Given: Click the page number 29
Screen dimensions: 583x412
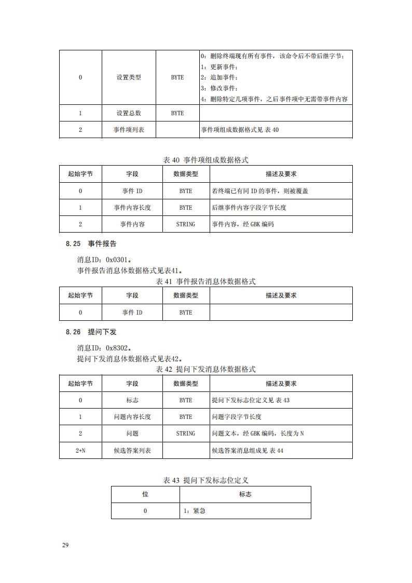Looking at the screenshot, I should [65, 545].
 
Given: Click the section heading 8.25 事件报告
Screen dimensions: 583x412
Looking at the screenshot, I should [91, 243].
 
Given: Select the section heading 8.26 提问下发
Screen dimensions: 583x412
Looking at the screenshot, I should [91, 332].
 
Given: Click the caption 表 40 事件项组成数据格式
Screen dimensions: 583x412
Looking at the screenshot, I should [205, 160].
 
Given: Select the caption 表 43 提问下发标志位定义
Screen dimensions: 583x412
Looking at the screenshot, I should [205, 480].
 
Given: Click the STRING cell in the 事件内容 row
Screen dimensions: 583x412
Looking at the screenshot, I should [186, 224].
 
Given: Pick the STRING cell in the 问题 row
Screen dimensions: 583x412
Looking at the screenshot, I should [186, 433].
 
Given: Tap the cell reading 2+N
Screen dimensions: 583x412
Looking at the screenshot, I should [80, 451].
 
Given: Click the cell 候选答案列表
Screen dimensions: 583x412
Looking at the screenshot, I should [132, 451].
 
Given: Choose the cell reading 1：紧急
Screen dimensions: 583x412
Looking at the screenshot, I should [195, 511].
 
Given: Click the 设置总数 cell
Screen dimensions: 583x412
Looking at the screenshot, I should [129, 113].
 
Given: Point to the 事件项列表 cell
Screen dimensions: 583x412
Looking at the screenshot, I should [129, 130].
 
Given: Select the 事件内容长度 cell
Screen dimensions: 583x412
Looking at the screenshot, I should [132, 208].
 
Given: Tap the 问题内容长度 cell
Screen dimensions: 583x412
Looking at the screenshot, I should [132, 417].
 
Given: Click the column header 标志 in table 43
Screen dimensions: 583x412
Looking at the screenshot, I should [245, 494].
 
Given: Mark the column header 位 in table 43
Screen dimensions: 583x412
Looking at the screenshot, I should [145, 494].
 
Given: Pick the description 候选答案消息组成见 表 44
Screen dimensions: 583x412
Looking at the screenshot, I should [248, 451].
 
